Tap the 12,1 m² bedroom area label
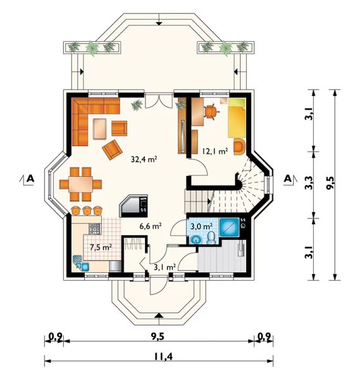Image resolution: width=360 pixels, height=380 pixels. (215, 151)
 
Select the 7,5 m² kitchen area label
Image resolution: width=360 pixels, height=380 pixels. (101, 247)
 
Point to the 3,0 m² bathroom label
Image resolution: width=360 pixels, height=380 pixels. (202, 226)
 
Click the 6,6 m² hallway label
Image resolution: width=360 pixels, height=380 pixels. (151, 226)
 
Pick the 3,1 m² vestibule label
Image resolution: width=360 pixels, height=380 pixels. (165, 267)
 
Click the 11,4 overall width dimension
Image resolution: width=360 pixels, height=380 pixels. (163, 357)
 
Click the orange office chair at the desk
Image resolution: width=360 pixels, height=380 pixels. (211, 111)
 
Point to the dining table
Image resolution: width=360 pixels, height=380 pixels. (80, 184)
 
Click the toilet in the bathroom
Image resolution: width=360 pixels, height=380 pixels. (211, 237)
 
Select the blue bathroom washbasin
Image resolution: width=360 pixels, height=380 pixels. (196, 240)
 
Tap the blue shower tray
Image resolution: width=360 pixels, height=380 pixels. (230, 227)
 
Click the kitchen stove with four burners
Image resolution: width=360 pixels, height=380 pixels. (95, 229)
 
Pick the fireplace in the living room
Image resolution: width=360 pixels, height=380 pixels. (133, 206)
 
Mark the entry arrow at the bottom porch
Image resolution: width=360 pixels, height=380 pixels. (159, 315)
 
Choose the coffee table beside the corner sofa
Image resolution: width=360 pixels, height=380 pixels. (99, 129)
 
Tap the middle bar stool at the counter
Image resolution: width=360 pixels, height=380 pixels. (87, 210)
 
